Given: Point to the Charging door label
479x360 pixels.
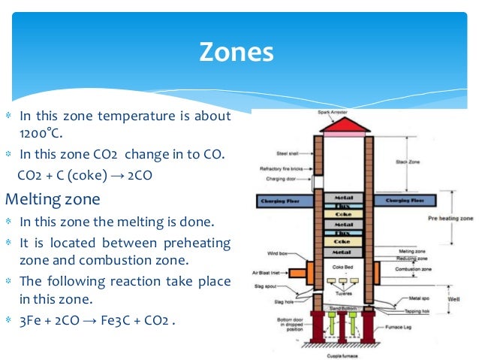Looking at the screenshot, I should tap(285, 179).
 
